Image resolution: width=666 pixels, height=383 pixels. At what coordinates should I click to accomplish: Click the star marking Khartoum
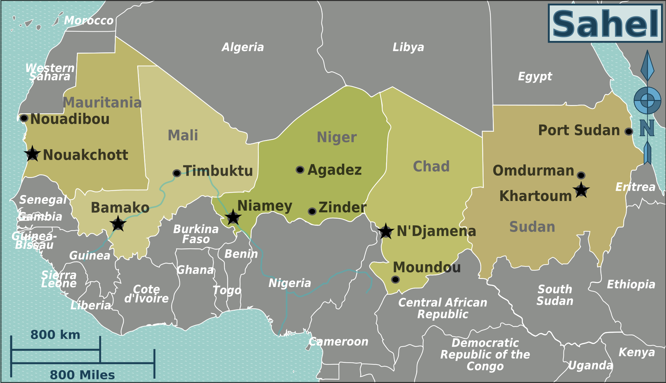click(581, 190)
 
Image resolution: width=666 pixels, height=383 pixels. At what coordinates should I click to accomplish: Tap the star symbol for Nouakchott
click(32, 154)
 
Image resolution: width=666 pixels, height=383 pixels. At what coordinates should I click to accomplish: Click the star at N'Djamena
click(386, 231)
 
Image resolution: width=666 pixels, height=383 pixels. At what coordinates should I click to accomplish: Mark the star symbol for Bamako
click(118, 224)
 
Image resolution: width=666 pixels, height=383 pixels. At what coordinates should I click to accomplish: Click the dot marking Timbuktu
click(177, 173)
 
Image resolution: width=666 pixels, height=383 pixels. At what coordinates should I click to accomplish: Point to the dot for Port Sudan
click(628, 131)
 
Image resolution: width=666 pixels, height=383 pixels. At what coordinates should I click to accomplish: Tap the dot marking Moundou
click(395, 279)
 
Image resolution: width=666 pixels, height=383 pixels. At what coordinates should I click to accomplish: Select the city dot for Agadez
click(300, 170)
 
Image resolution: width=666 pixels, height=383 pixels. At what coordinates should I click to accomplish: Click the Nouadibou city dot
click(24, 118)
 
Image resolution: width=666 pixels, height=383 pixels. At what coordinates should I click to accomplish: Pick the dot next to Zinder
click(312, 211)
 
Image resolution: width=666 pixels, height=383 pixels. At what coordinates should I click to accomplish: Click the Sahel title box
click(605, 23)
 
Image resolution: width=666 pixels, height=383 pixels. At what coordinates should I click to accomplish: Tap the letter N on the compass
click(647, 128)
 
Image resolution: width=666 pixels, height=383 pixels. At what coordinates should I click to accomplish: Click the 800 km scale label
click(55, 335)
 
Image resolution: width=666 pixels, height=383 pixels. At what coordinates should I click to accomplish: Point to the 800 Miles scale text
click(82, 375)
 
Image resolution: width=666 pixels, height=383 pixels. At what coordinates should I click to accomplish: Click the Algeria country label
click(243, 47)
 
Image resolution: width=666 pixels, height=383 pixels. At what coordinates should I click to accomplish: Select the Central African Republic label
click(443, 308)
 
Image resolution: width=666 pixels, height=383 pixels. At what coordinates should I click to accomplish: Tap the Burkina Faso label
click(196, 234)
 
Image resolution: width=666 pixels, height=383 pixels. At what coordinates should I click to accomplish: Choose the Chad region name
click(431, 166)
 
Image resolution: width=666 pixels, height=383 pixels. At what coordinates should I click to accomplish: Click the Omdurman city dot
click(581, 175)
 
